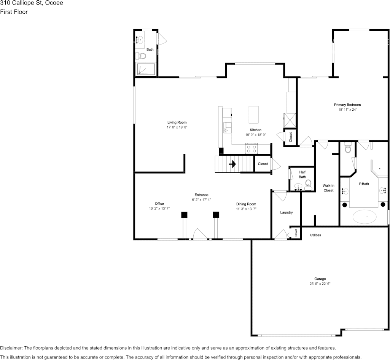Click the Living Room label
pos(177,122)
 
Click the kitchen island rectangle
pos(254,114)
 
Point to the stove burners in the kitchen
pos(252,148)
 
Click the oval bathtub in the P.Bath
pos(365,217)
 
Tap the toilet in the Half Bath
pos(308,185)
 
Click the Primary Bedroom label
pos(347,105)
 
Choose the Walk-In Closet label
pos(328,188)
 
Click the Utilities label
pos(315,235)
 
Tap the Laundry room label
pos(286,212)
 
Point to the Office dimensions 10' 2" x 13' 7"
pos(159,209)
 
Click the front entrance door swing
pos(200,234)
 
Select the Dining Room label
pos(246,204)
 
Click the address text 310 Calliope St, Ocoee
pos(32,3)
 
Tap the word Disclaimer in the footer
pos(11,348)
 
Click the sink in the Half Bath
pos(298,187)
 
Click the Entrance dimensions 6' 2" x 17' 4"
pos(201,199)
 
